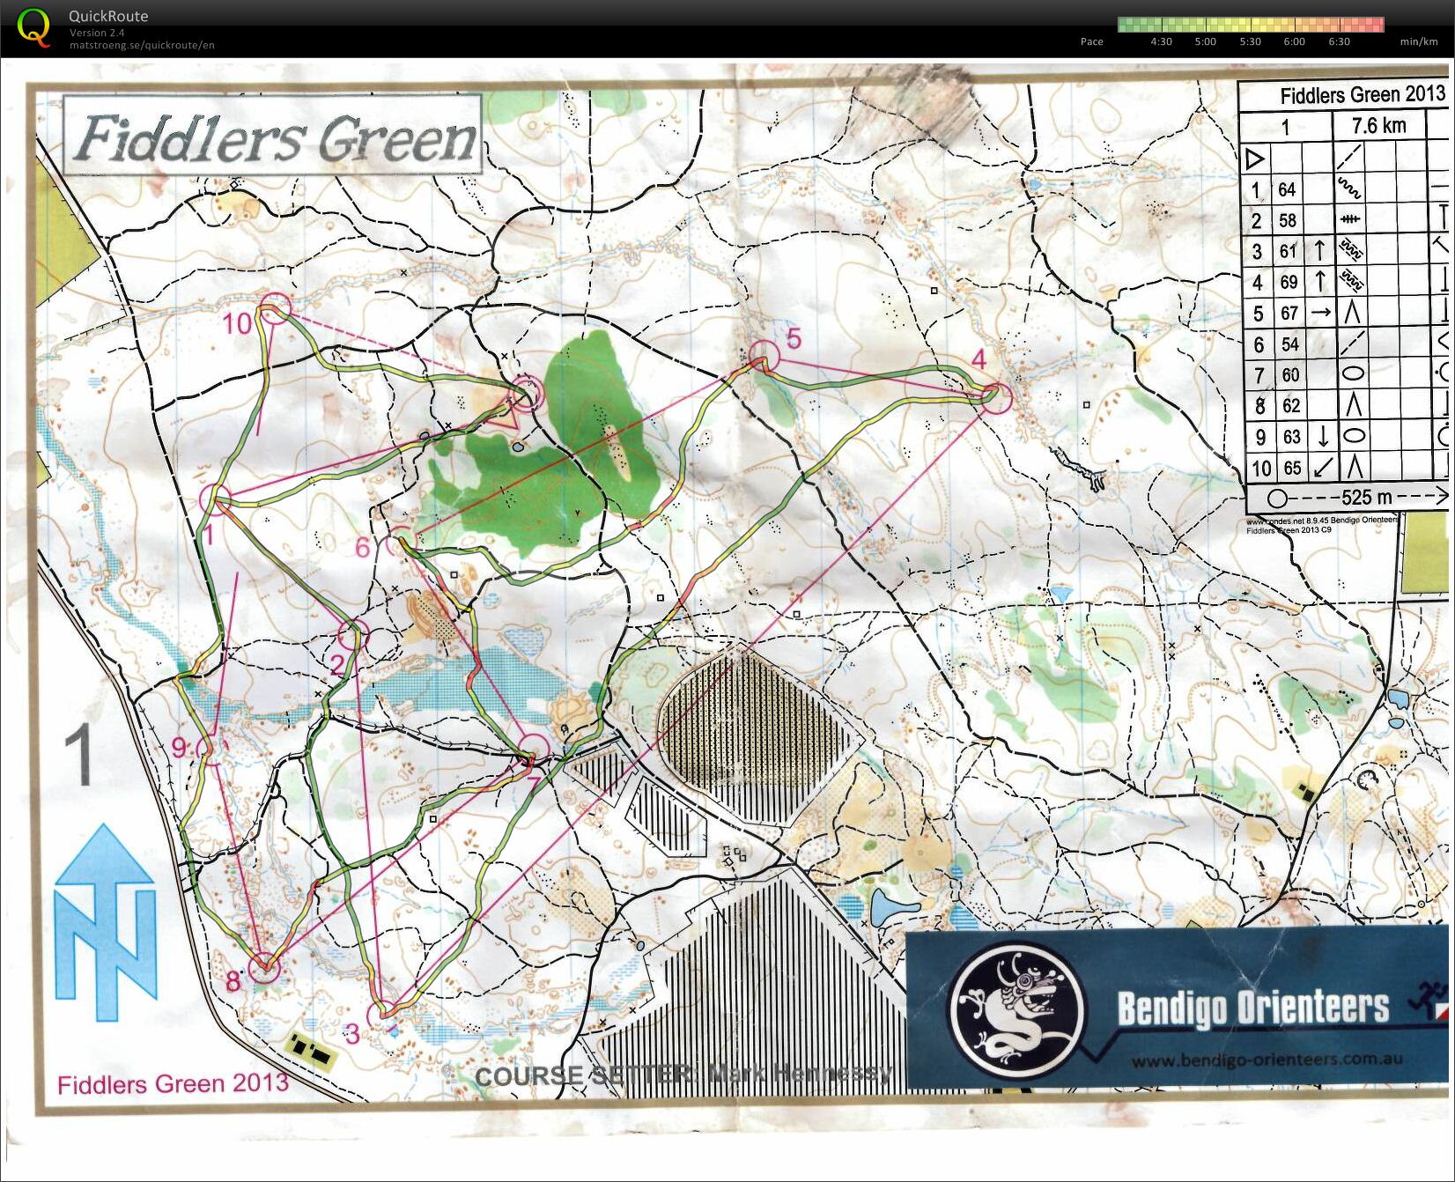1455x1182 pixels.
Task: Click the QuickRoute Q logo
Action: [34, 26]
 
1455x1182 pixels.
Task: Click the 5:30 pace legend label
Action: [1249, 41]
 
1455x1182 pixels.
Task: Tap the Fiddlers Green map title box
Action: [274, 137]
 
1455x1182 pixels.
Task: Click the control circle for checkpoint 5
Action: [764, 355]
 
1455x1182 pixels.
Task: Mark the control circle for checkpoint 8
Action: [263, 968]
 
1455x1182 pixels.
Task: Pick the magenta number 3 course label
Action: [352, 1034]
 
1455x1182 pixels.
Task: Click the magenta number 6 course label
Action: [363, 548]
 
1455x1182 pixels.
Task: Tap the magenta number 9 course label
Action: [180, 748]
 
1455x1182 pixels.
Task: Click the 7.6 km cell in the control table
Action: [1378, 126]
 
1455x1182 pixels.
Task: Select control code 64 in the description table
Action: [1287, 189]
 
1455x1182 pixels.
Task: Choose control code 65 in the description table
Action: [1291, 468]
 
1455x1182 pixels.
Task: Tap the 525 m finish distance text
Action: [1366, 498]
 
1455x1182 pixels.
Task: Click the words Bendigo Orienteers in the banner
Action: [1252, 1008]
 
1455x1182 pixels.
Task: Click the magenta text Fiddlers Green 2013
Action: [173, 1082]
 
